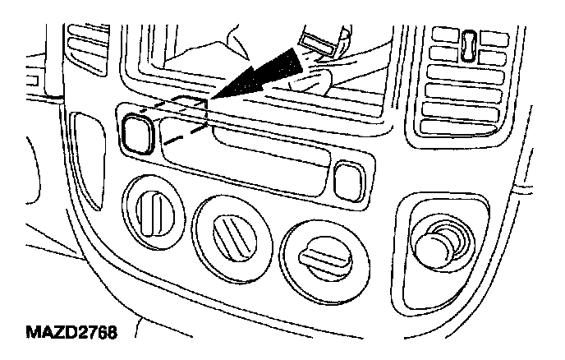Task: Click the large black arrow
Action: coord(260,76)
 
